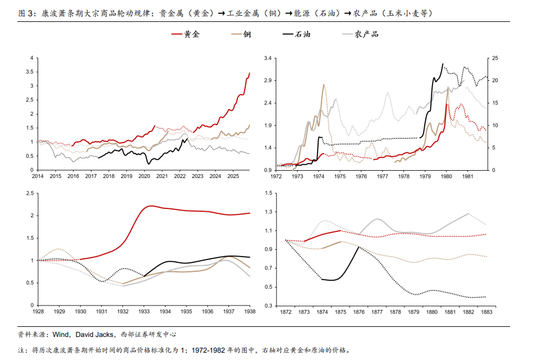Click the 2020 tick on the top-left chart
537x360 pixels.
pos(144,176)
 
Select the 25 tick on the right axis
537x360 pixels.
pos(494,58)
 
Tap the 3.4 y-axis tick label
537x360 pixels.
pos(268,58)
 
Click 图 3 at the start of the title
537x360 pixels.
pos(26,12)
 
